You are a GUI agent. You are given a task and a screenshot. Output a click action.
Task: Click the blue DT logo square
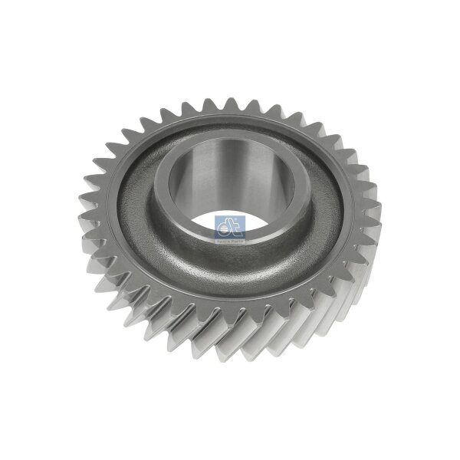click(x=229, y=227)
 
